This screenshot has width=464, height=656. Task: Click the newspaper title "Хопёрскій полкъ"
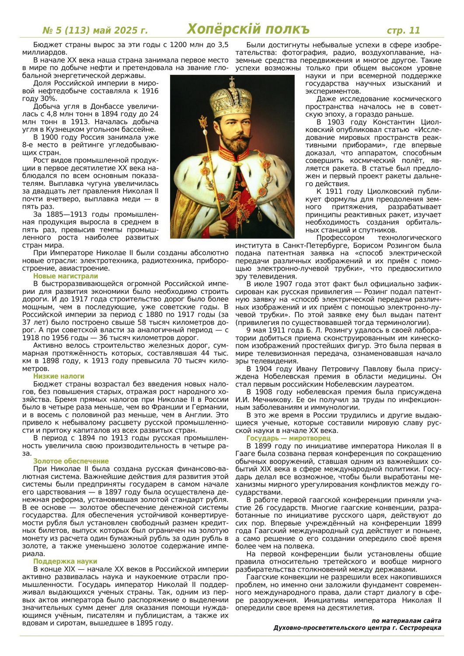[x=248, y=29]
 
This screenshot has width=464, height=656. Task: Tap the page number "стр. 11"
[x=403, y=30]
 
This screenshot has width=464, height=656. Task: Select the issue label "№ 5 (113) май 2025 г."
[x=95, y=31]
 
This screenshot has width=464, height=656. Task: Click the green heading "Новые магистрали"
[x=66, y=276]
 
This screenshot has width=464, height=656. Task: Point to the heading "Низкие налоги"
[x=59, y=376]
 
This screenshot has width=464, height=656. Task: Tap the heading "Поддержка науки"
[x=65, y=561]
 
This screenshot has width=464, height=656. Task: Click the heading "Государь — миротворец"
[x=289, y=438]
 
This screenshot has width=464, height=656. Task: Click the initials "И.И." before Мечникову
[x=243, y=399]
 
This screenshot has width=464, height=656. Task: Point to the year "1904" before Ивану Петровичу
[x=263, y=369]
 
